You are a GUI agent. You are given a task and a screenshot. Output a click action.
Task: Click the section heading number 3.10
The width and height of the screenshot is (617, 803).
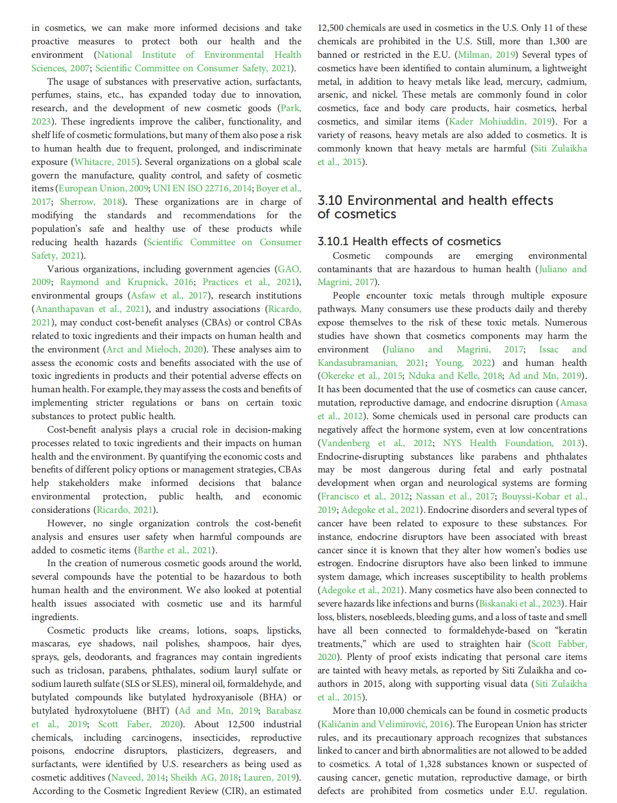point(330,201)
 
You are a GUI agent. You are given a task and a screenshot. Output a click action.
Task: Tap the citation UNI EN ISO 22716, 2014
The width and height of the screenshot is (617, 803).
point(201,189)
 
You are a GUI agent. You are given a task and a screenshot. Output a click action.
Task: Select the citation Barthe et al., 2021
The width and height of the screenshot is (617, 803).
point(175,550)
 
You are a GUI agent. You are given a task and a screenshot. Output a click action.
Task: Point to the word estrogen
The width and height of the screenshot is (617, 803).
point(334,563)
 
